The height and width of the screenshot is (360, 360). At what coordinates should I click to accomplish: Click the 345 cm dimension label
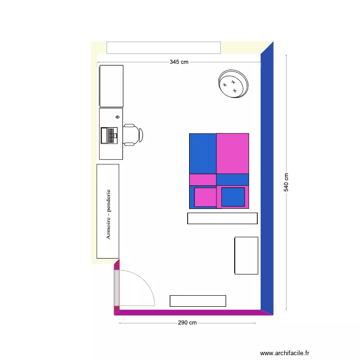179,62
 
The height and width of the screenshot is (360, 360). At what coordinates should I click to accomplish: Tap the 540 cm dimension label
287,182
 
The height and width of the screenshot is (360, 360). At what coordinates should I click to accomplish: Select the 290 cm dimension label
187,323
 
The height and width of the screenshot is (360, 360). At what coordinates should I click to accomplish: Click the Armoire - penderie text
108,214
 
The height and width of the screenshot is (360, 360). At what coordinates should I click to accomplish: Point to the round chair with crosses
234,84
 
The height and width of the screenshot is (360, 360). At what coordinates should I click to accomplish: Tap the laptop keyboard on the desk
109,135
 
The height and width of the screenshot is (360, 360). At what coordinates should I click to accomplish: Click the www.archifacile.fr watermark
285,353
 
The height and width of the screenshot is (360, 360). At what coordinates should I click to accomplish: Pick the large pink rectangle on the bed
233,154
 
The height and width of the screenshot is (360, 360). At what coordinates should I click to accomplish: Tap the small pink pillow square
205,197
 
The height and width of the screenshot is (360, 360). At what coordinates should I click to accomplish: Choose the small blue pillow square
233,197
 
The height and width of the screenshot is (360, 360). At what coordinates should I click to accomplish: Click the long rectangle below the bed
222,218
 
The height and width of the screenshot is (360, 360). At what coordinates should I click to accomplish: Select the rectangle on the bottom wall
198,301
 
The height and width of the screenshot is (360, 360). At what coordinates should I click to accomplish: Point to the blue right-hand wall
267,182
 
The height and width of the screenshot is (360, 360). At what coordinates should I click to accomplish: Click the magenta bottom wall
192,312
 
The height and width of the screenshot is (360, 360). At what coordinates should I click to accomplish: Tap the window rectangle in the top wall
163,48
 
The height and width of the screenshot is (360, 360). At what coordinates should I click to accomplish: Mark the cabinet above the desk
111,86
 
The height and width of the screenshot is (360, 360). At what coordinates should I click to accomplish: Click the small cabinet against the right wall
246,255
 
